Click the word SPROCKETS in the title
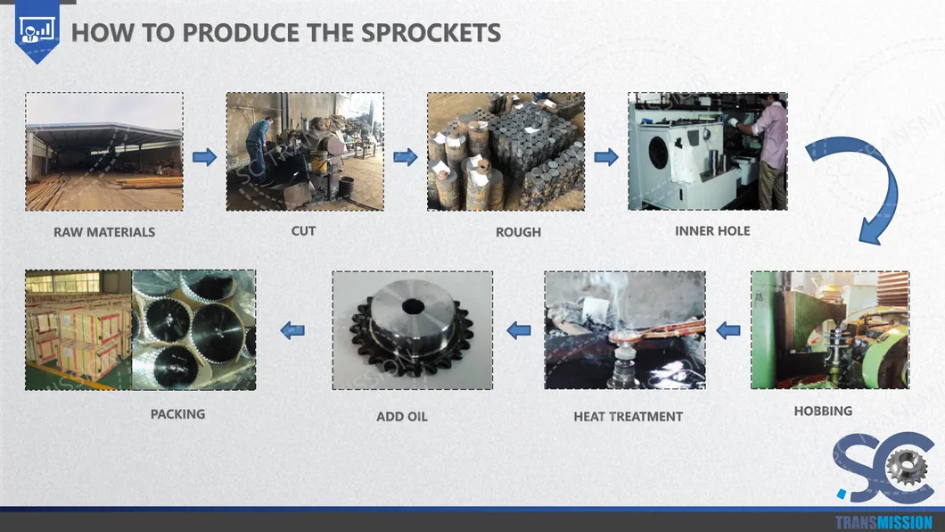(431, 32)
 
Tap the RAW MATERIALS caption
(104, 232)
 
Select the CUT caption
(303, 231)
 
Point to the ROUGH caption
(518, 232)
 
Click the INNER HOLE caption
(712, 231)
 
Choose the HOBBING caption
(823, 411)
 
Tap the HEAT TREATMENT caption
(628, 417)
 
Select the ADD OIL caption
(402, 417)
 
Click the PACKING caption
(177, 414)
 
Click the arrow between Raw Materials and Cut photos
(204, 157)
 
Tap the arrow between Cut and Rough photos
(405, 157)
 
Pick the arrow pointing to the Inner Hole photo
(605, 157)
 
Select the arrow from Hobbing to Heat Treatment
(728, 330)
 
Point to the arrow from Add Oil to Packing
(292, 330)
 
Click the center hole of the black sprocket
(414, 306)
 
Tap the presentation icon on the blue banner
(37, 29)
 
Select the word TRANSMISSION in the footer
(883, 522)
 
